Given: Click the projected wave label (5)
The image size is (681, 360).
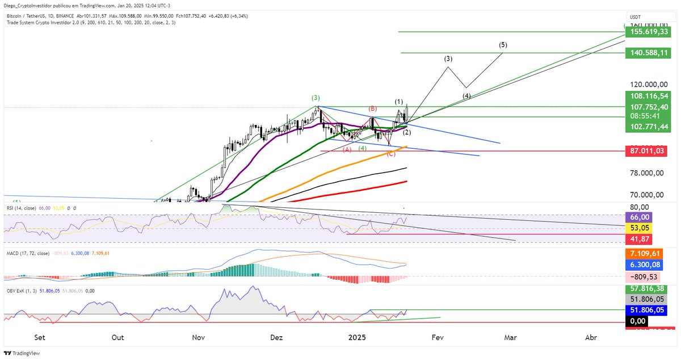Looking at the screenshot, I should [503, 45].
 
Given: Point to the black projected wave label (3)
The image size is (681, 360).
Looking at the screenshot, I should [448, 58].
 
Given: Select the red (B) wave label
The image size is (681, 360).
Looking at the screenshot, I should [373, 108].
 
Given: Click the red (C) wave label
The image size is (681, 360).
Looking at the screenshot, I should [390, 154].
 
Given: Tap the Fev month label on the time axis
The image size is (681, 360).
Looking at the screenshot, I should [437, 337].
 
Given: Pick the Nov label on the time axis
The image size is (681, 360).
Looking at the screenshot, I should [199, 337].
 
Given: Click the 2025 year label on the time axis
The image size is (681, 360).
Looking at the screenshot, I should [358, 337].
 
